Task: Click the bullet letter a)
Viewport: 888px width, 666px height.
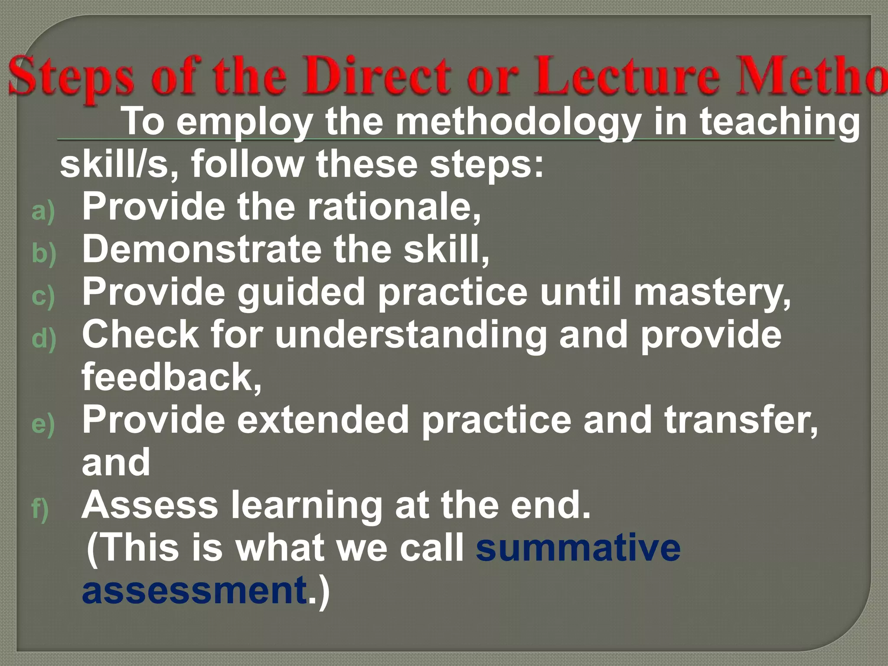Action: (43, 211)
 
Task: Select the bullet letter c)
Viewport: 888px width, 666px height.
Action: (43, 296)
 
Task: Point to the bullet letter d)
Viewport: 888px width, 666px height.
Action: (44, 338)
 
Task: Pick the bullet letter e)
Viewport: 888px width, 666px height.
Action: (43, 424)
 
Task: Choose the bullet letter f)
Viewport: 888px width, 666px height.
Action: (40, 509)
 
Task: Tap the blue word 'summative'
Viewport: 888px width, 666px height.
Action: (578, 547)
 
